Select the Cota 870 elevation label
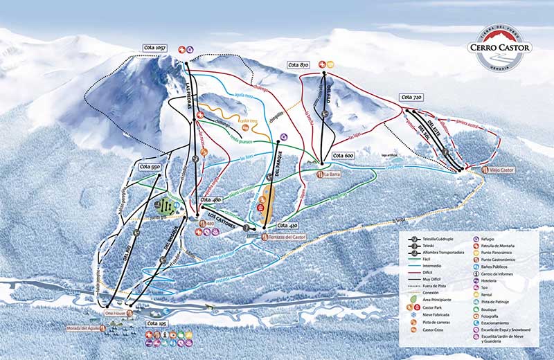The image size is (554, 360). [x=298, y=64]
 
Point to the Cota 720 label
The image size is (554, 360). [x=411, y=98]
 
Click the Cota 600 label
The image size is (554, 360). [x=343, y=156]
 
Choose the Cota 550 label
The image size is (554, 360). [x=150, y=167]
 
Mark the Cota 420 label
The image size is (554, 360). [x=287, y=226]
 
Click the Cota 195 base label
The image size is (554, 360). [x=157, y=323]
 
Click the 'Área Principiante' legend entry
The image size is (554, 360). [x=436, y=299]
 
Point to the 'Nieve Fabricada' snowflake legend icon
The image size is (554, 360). [x=413, y=314]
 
